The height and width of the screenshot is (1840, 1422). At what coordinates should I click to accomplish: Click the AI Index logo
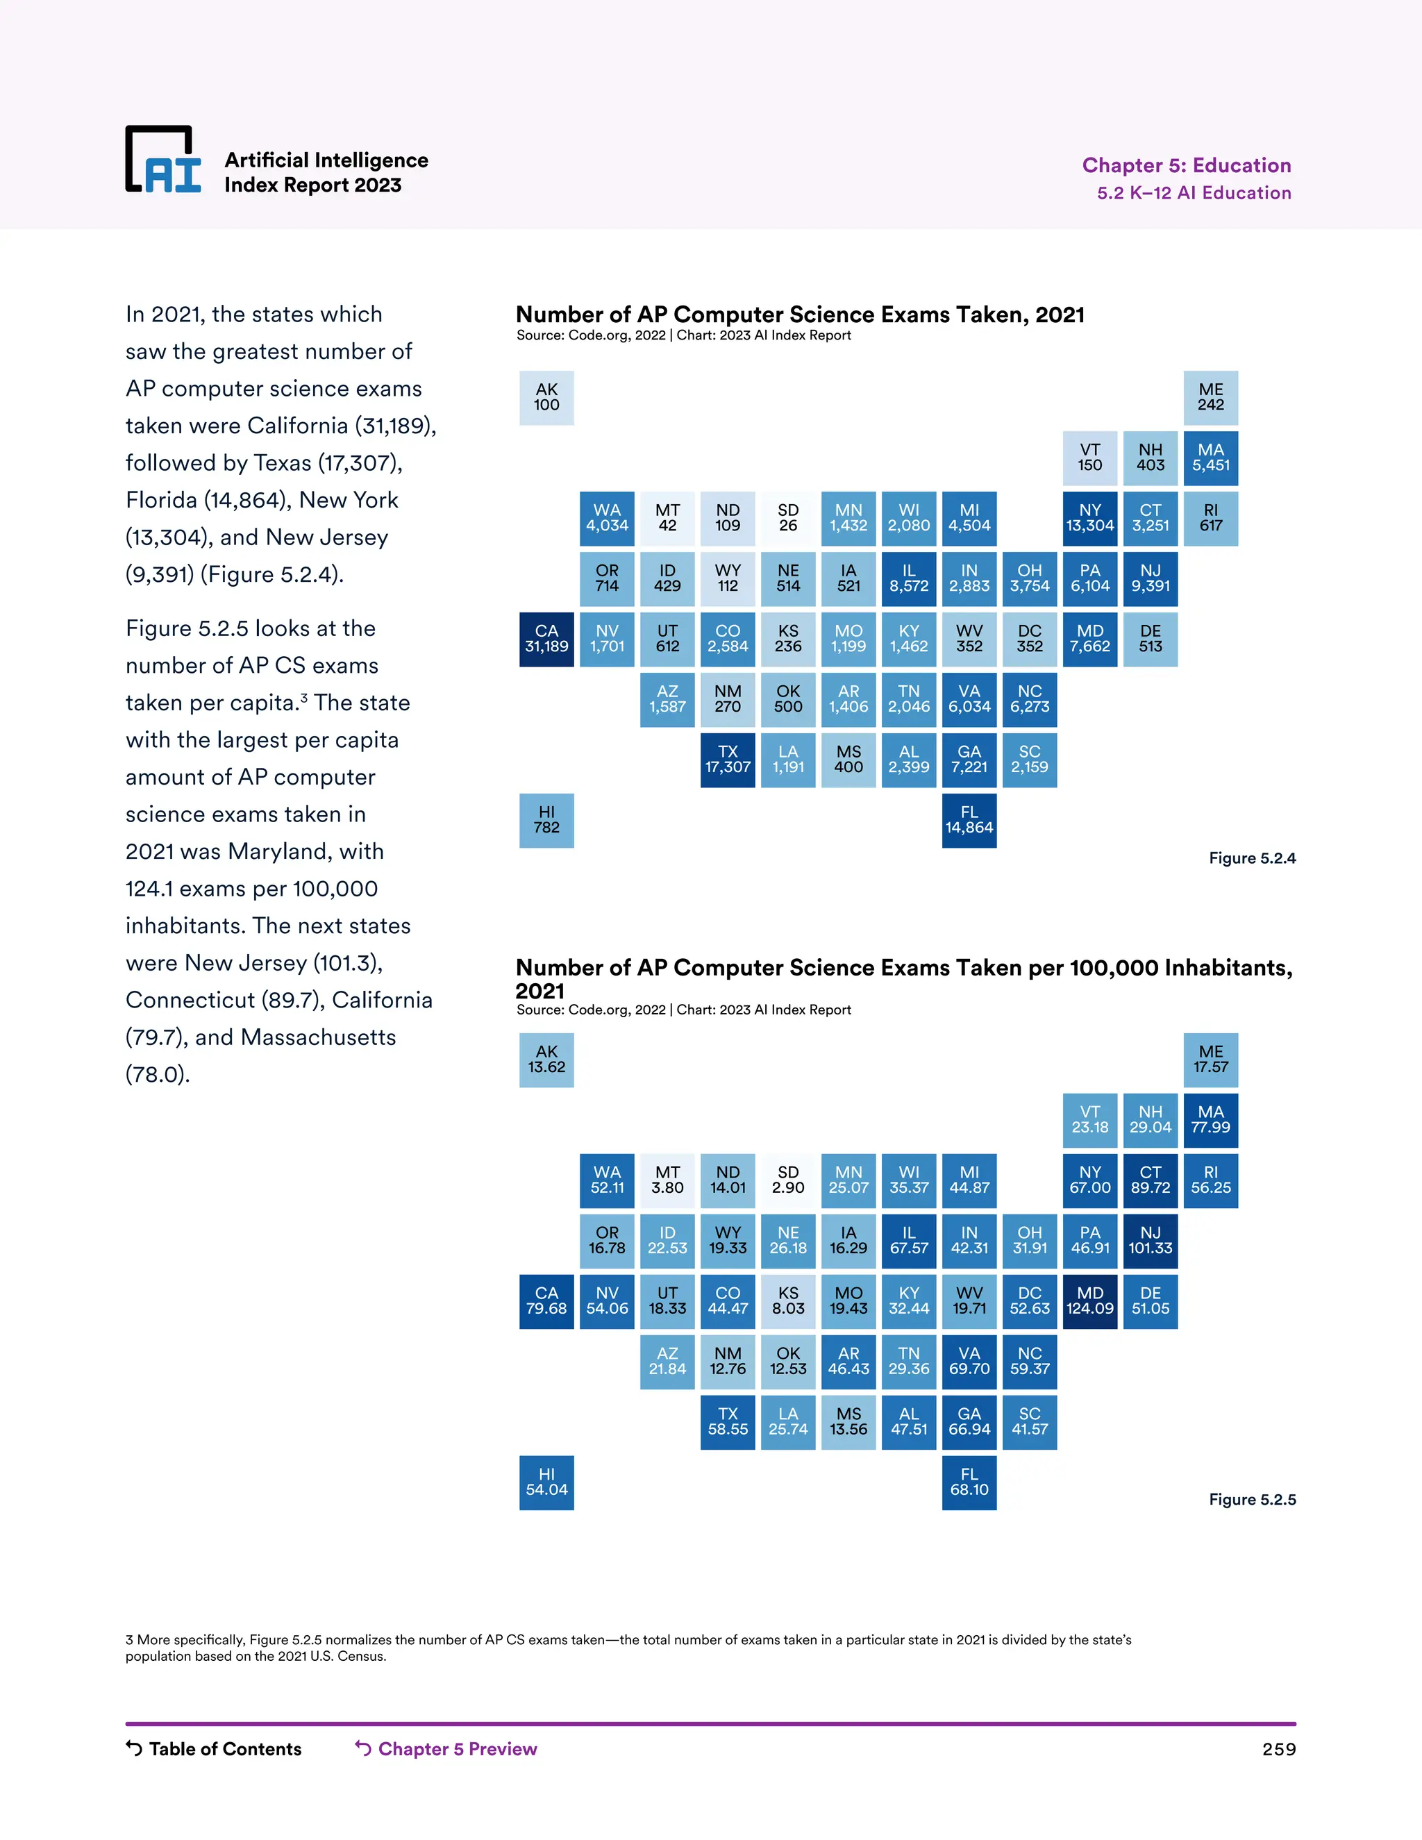pos(163,160)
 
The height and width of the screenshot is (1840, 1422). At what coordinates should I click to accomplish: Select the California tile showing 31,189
pos(546,639)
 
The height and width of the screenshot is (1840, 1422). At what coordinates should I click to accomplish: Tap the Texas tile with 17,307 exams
pos(728,760)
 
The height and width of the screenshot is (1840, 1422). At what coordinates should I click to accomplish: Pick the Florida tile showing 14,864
pos(969,821)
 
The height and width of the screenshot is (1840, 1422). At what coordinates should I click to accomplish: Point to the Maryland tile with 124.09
pos(1089,1302)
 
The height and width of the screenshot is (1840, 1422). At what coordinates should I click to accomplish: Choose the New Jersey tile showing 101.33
pos(1150,1241)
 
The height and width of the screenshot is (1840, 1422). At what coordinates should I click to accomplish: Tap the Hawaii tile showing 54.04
pos(546,1483)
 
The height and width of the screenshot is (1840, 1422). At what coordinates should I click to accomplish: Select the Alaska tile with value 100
pos(546,398)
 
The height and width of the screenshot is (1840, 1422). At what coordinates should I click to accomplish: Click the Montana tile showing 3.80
pos(667,1180)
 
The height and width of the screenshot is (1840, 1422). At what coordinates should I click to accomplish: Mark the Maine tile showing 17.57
pos(1210,1060)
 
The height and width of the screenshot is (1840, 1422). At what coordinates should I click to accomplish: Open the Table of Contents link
pos(214,1749)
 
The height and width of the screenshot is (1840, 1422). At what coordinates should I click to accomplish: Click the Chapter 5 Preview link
pos(446,1749)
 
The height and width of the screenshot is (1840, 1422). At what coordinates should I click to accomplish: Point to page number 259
pos(1278,1750)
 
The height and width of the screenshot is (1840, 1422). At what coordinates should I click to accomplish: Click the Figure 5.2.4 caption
pos(1252,858)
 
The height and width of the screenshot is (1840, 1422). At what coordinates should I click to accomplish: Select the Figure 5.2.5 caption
pos(1252,1500)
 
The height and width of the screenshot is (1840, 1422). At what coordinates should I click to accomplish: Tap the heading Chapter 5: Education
pos(1186,165)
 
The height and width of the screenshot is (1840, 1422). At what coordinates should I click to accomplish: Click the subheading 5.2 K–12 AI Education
pos(1194,193)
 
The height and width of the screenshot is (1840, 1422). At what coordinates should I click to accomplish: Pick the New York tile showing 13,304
pos(1089,518)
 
